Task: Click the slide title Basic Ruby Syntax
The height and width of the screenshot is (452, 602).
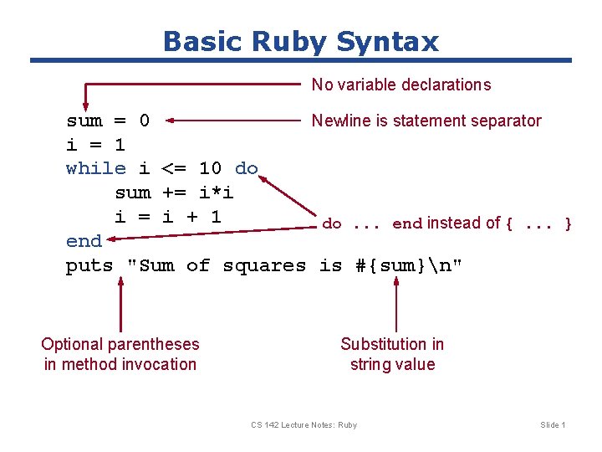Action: (300, 41)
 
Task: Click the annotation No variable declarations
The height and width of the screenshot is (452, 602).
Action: (400, 85)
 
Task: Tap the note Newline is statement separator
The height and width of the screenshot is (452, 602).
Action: (426, 121)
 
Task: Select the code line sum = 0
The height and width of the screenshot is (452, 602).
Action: (108, 121)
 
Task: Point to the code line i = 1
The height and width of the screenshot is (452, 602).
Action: (95, 145)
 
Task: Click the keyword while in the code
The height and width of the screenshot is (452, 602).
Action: (95, 168)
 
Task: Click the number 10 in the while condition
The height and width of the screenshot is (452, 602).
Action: (210, 168)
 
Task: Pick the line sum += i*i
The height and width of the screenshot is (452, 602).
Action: (174, 193)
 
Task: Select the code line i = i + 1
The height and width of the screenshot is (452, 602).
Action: (167, 217)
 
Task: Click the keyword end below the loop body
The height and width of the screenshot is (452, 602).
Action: (84, 241)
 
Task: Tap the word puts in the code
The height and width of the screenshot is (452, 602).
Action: (89, 266)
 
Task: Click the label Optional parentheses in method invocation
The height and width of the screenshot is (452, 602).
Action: (120, 354)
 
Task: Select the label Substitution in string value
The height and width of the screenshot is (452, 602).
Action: (392, 354)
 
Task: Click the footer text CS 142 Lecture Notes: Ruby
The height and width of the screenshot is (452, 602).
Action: (304, 425)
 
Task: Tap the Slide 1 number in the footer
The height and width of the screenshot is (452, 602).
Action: (553, 425)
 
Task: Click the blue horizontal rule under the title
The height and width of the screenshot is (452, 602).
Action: (301, 60)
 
